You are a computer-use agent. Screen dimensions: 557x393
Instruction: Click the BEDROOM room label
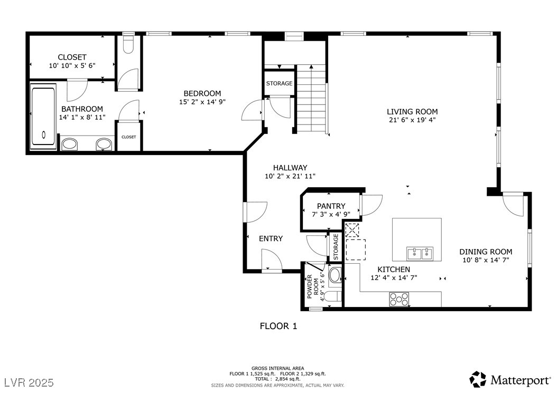point(202,93)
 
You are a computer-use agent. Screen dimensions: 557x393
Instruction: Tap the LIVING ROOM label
point(412,111)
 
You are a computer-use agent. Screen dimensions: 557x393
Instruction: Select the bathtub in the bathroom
point(43,116)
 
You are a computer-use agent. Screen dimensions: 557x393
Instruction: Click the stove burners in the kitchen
point(399,299)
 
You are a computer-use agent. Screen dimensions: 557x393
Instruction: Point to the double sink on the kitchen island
point(420,254)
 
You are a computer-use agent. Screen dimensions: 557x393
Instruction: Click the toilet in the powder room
point(333,296)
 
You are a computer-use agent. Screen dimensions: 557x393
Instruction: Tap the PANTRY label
point(331,206)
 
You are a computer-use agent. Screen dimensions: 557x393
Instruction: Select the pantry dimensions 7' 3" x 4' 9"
point(331,214)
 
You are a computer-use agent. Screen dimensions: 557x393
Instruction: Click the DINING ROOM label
point(486,252)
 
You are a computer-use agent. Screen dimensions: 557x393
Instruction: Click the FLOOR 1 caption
point(278,326)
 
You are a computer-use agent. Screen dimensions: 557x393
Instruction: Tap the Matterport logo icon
point(478,379)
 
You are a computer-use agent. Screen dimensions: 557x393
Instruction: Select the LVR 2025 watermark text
point(29,382)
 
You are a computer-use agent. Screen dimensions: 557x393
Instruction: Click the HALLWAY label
point(290,168)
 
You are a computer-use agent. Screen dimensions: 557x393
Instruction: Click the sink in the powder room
point(335,275)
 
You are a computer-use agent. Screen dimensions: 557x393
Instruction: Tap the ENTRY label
point(271,239)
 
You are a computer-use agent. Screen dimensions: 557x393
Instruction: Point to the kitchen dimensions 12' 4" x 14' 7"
point(394,277)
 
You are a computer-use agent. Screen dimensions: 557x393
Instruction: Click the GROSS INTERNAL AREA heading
point(278,368)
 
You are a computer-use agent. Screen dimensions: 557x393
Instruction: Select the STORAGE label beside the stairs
point(279,83)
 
